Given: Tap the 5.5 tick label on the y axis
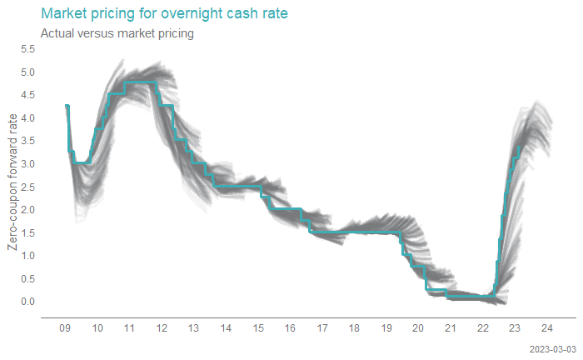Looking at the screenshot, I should [x=27, y=49].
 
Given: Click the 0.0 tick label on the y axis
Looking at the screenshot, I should [x=27, y=301].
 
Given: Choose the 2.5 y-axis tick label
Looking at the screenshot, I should [x=27, y=187].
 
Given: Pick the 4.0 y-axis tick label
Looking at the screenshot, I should [x=27, y=118].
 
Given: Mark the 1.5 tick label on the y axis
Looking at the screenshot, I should [x=27, y=232].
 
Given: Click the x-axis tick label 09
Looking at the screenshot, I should [x=65, y=328].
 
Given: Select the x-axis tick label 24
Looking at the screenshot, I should [x=547, y=328].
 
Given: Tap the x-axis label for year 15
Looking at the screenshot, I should [x=258, y=328].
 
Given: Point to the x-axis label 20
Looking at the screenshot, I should [x=419, y=328].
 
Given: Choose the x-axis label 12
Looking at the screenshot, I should [x=162, y=328].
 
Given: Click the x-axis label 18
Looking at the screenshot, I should [x=355, y=328].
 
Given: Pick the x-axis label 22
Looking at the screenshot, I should [x=483, y=328].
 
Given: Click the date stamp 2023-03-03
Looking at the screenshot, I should [x=551, y=347].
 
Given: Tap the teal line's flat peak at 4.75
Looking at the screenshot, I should [x=140, y=82].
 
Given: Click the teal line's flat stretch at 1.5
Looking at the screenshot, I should [x=358, y=232].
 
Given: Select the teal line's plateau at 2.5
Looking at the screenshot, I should [x=237, y=187].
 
